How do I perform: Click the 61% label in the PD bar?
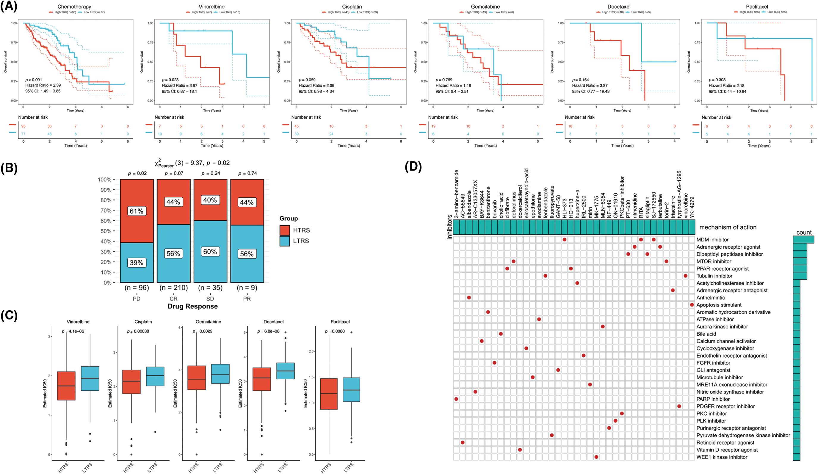[x=136, y=211]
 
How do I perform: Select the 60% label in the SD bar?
[x=210, y=252]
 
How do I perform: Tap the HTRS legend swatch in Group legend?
[x=285, y=230]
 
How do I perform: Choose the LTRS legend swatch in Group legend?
[x=285, y=241]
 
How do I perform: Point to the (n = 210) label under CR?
[x=174, y=288]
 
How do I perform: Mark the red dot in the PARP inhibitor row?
[x=456, y=399]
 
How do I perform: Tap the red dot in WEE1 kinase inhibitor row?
[x=596, y=457]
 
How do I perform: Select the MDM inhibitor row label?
[x=712, y=240]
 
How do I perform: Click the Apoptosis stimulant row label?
[x=719, y=305]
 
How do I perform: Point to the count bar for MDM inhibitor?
[x=803, y=240]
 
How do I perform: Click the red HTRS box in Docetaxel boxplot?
[x=262, y=379]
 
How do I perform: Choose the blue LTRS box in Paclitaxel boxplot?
[x=351, y=390]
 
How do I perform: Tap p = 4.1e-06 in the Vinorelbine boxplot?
[x=73, y=331]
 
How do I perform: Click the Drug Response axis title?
[x=192, y=306]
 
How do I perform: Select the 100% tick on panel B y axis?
[x=104, y=180]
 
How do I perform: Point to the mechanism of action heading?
[x=728, y=227]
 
